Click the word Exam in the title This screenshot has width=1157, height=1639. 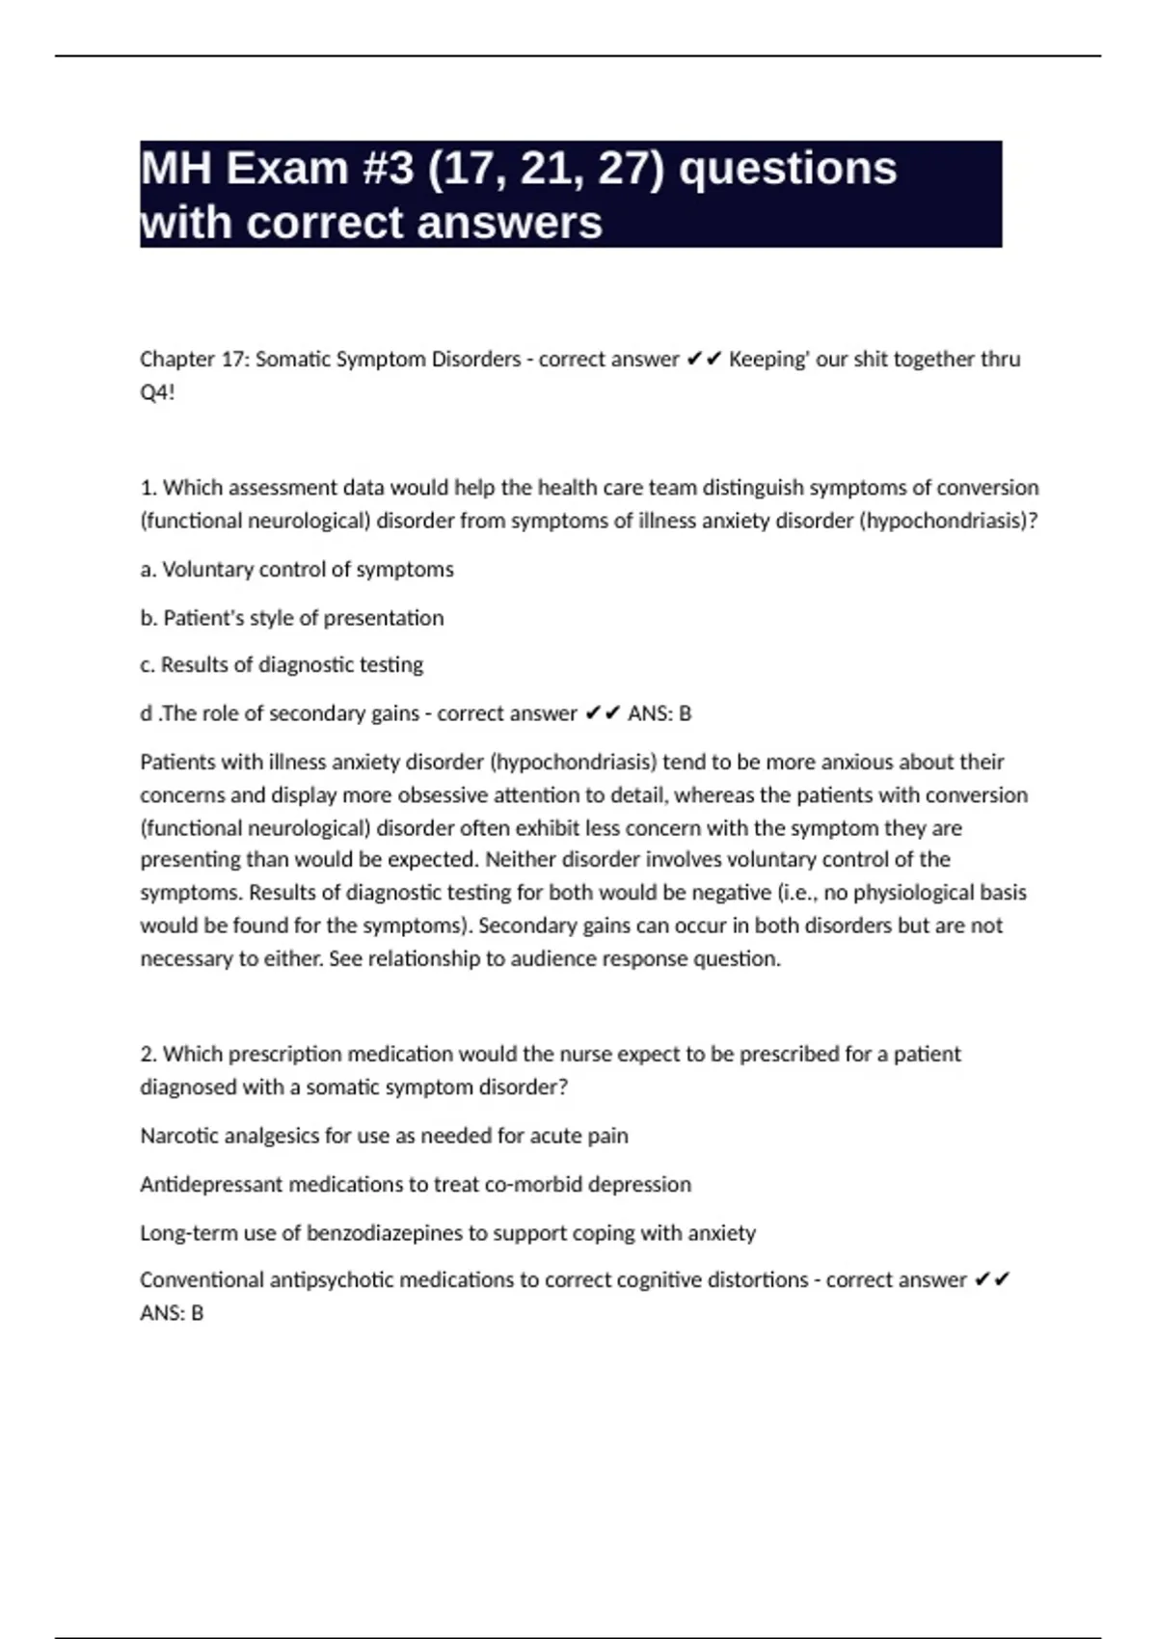click(286, 169)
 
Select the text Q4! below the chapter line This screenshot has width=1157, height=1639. click(157, 392)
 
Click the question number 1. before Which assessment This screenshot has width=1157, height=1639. click(148, 488)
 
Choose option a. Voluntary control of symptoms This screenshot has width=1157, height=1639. click(297, 570)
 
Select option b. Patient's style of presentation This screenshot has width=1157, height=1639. click(292, 618)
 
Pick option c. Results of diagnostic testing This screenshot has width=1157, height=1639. click(282, 665)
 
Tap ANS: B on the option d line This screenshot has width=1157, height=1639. click(659, 713)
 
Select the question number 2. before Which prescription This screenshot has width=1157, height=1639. click(148, 1054)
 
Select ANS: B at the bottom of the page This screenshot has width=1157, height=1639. click(172, 1313)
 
